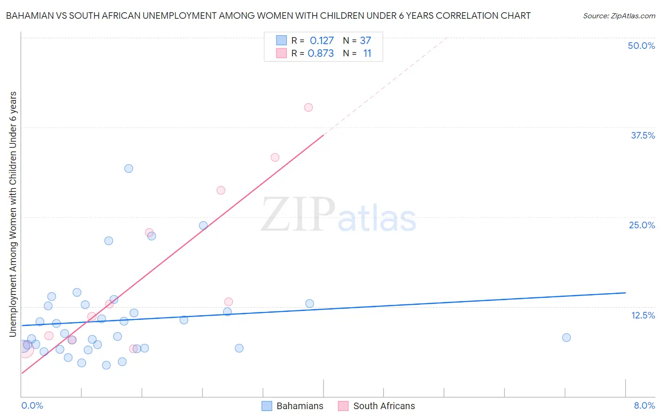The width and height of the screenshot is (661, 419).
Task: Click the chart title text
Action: pyautogui.click(x=268, y=16)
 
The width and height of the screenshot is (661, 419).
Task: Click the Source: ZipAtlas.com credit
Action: pyautogui.click(x=619, y=16)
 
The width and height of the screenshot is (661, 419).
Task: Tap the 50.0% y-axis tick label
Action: pyautogui.click(x=641, y=46)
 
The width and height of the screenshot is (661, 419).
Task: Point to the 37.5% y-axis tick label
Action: pyautogui.click(x=643, y=135)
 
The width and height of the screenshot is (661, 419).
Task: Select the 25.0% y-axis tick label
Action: pyautogui.click(x=642, y=225)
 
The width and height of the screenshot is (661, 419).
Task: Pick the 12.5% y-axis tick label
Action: pyautogui.click(x=643, y=315)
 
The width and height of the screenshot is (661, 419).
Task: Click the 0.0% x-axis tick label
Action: pyautogui.click(x=32, y=405)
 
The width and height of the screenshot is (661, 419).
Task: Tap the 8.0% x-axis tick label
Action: pyautogui.click(x=644, y=405)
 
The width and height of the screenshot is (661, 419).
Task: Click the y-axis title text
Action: pyautogui.click(x=13, y=214)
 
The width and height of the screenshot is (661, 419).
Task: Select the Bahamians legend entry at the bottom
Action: pyautogui.click(x=292, y=406)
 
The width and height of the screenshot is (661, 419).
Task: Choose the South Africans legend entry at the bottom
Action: pyautogui.click(x=377, y=406)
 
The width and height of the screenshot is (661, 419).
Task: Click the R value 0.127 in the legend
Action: pyautogui.click(x=322, y=41)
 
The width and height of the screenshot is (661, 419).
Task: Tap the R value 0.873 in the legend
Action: pyautogui.click(x=321, y=54)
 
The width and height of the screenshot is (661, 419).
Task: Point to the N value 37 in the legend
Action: pyautogui.click(x=365, y=41)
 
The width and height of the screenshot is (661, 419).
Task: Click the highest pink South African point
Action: pyautogui.click(x=308, y=108)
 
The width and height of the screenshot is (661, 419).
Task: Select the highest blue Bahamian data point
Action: pyautogui.click(x=129, y=169)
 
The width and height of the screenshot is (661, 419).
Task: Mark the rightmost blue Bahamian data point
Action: pyautogui.click(x=567, y=338)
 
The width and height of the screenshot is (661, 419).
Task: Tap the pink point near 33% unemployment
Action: pyautogui.click(x=275, y=157)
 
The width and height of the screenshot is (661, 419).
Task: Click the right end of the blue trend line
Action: pyautogui.click(x=625, y=293)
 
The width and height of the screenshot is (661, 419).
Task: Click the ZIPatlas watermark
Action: pyautogui.click(x=338, y=215)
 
